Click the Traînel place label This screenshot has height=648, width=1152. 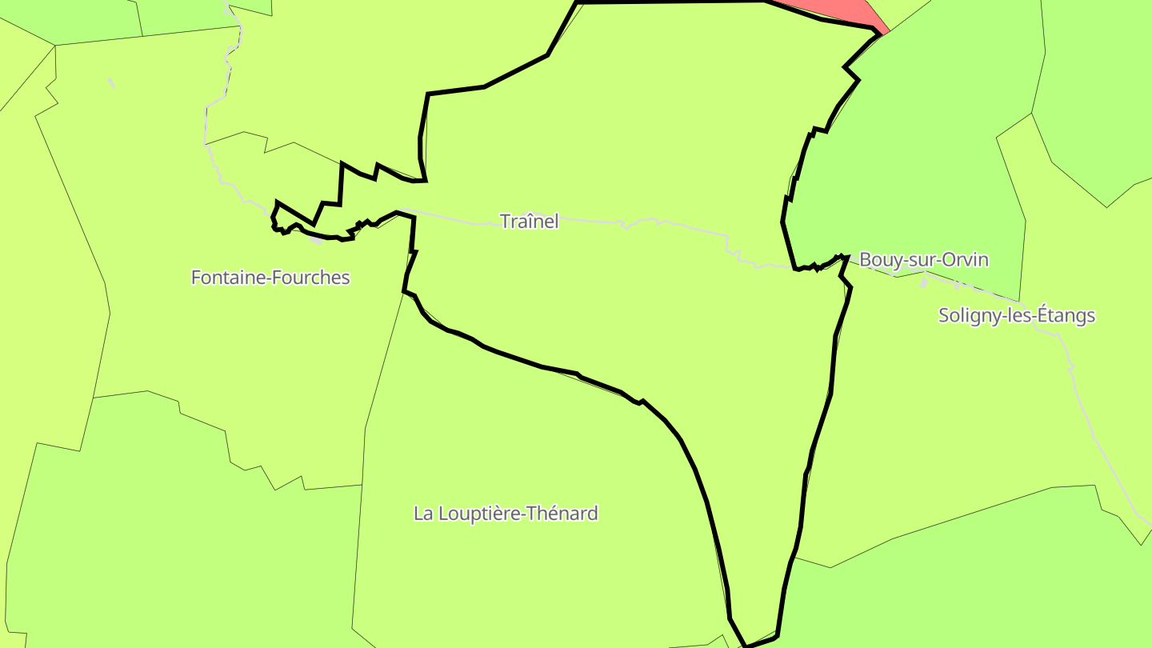(x=529, y=221)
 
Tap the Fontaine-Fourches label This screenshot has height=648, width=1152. (x=270, y=278)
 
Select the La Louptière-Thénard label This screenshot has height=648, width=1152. (x=506, y=513)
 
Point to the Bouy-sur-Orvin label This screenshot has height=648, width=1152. (x=923, y=260)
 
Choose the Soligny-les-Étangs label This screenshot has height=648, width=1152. (x=1016, y=315)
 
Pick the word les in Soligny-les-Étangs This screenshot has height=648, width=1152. (x=1016, y=315)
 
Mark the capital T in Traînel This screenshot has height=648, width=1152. (x=506, y=221)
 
